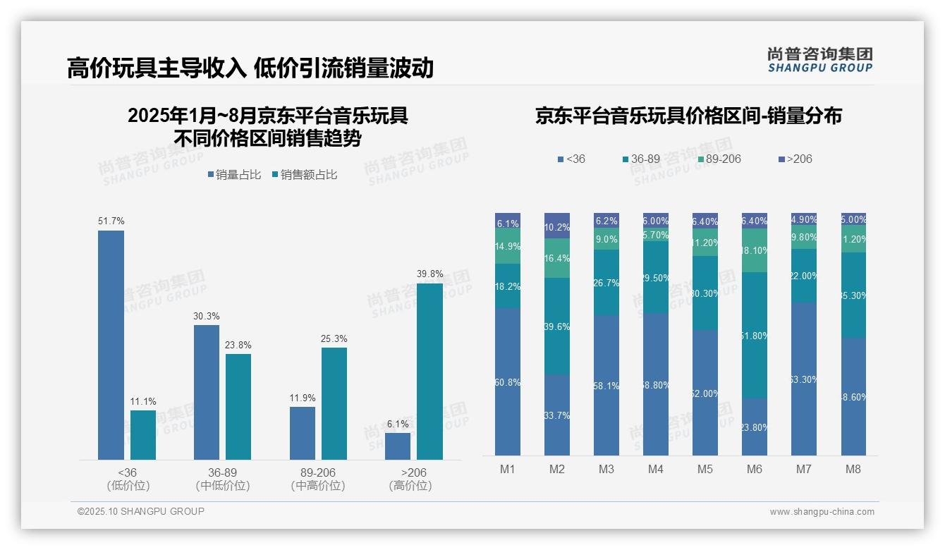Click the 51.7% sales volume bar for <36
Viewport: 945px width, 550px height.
(111, 345)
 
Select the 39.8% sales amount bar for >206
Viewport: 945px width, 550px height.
(429, 372)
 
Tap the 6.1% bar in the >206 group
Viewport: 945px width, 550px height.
(398, 446)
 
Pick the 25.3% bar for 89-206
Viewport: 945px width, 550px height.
(334, 403)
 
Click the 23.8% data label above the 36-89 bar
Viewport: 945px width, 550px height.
(238, 346)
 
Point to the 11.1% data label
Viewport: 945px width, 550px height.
(143, 402)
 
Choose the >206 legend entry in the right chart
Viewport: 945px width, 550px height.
(795, 159)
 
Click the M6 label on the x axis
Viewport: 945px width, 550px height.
(754, 469)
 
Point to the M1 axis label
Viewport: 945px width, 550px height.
(508, 469)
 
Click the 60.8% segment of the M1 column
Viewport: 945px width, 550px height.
(508, 381)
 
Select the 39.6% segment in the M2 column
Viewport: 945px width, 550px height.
(557, 326)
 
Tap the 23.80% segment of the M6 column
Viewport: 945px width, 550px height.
(754, 427)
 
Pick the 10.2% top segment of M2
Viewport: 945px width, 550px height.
(557, 226)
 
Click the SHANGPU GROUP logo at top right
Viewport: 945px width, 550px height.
(819, 60)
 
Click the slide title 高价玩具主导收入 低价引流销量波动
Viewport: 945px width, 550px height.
(250, 68)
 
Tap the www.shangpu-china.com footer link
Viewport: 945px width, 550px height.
(822, 512)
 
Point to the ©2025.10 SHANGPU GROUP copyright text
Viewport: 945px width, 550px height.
(141, 511)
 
